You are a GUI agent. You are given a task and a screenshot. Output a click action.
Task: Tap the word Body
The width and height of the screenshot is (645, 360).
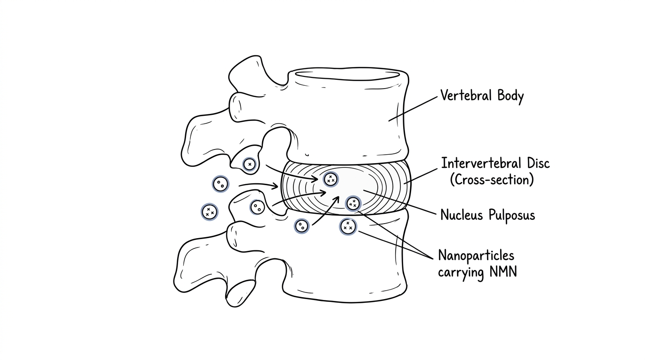pos(510,97)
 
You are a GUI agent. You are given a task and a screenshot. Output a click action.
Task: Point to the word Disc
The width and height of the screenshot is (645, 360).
pos(539,163)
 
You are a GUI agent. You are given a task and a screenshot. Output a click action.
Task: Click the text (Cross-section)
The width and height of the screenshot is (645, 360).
pos(492,180)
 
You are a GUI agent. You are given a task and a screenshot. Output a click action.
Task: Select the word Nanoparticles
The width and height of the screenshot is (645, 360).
pos(476,255)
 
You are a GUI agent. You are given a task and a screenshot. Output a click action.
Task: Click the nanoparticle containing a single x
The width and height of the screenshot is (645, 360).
pos(249,165)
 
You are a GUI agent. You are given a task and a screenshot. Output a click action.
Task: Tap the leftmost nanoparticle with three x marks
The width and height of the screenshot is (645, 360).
pos(210,212)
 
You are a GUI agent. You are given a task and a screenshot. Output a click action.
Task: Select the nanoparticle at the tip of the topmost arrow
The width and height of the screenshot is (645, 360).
pos(331,179)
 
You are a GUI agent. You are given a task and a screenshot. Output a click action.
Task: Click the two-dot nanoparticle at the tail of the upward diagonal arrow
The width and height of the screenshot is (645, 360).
pos(302,226)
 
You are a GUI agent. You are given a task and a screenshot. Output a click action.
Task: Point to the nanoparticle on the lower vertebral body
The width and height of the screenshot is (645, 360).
pos(348,227)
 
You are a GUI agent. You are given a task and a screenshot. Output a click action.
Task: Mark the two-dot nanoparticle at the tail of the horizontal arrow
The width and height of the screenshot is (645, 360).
pos(221,184)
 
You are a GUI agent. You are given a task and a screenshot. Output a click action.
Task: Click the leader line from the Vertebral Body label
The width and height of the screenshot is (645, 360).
pos(413,109)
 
